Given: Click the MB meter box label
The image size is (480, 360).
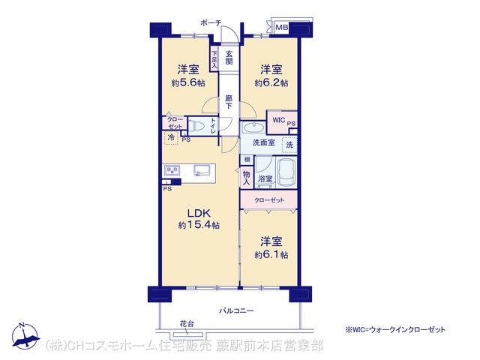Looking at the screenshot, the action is coord(282,28).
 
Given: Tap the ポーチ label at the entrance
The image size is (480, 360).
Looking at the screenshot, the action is coord(211,22).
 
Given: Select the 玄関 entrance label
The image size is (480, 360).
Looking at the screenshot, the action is coord(229,58).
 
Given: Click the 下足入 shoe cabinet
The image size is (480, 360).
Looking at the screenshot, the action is coord(214,58).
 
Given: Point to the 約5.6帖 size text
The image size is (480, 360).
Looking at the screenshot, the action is coord(188,82).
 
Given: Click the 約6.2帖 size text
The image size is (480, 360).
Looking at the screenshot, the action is coord(271,82).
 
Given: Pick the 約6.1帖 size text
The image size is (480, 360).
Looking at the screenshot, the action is coord(271,255).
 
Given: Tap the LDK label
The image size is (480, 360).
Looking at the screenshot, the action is coord(198,213).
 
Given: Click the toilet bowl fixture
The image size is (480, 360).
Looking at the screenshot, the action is coord(196,126).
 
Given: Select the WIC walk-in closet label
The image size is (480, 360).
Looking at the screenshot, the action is coord(278,120).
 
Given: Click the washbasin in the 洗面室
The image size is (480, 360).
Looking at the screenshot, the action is coord(253,127).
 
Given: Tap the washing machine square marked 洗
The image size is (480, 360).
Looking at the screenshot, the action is coord(289,145).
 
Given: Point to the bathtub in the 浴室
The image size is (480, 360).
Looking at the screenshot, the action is coord(286,173).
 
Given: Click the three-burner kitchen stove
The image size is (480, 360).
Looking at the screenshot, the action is coord(172,170).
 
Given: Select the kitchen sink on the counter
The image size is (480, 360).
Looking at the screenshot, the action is coord(202,170).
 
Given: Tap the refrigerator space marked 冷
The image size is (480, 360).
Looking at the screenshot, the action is coord(172,137).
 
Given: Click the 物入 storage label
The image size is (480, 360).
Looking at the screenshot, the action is coord(247,178).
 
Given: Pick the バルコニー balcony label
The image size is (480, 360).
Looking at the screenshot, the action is coord(236,311).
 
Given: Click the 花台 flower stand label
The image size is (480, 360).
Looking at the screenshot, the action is coord(187,324).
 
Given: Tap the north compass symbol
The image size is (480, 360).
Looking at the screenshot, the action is coord(25,336).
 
